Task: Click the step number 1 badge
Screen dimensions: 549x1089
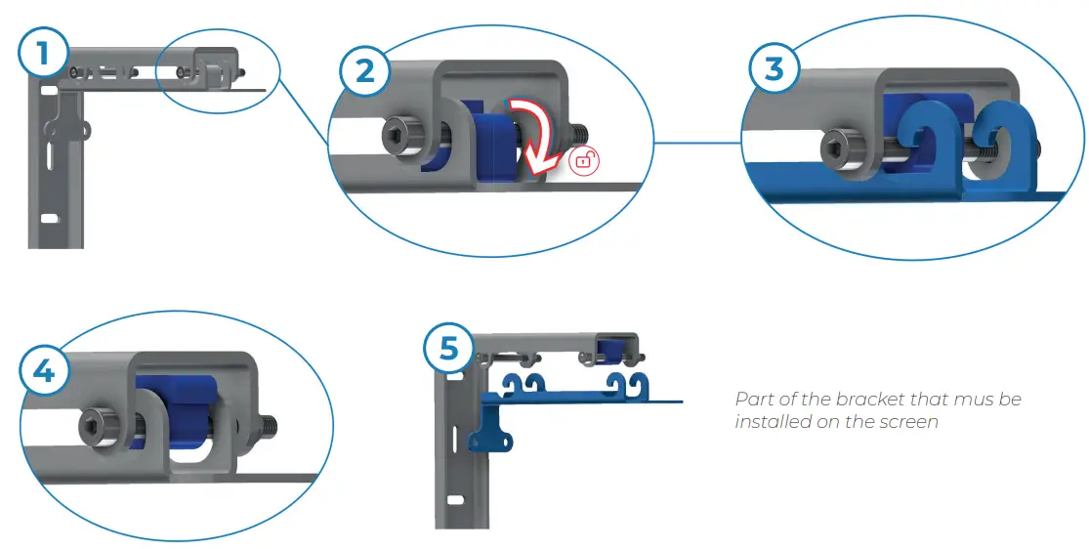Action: pyautogui.click(x=41, y=54)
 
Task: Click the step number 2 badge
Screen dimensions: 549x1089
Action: pyautogui.click(x=363, y=71)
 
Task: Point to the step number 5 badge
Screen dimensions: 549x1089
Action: pyautogui.click(x=449, y=348)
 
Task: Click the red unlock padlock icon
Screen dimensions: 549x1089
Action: pyautogui.click(x=583, y=161)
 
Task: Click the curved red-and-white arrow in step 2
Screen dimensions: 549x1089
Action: pyautogui.click(x=533, y=131)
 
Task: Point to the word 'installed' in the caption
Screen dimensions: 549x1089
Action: pyautogui.click(x=770, y=422)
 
